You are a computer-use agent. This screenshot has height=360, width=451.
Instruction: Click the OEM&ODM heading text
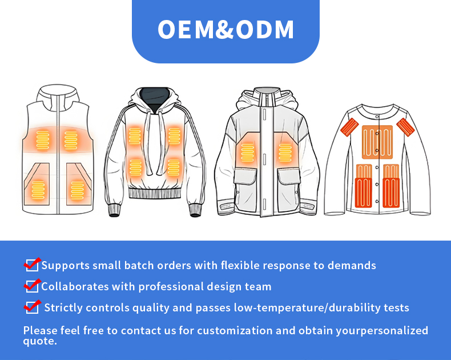point(226,30)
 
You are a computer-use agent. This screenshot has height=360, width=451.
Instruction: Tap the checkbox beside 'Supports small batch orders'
point(32,265)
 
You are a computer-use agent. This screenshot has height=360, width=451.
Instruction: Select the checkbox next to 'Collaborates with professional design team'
point(32,286)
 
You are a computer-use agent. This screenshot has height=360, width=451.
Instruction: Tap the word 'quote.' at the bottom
point(40,341)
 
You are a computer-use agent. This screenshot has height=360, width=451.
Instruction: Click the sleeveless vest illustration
point(58,154)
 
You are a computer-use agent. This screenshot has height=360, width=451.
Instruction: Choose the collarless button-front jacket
point(377,157)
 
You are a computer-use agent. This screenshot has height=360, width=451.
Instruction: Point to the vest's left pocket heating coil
point(39,189)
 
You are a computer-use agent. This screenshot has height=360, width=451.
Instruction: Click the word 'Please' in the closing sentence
point(41,330)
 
